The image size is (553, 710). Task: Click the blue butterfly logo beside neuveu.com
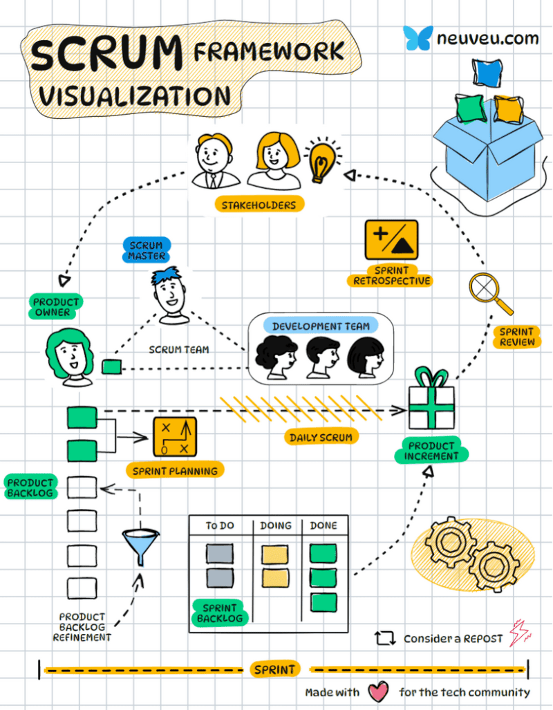[x=418, y=37]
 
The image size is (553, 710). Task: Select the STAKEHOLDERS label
[x=259, y=205]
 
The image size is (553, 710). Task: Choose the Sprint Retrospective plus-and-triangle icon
[x=391, y=240]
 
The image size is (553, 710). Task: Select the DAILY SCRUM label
[x=321, y=437]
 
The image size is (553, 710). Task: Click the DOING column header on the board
[x=276, y=525]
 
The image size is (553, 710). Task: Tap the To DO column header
[x=220, y=525]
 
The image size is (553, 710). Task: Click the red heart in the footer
[x=377, y=691]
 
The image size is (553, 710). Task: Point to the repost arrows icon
[x=384, y=638]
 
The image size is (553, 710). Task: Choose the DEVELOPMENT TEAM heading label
[x=320, y=326]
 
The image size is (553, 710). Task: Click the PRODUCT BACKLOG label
[x=30, y=487]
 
